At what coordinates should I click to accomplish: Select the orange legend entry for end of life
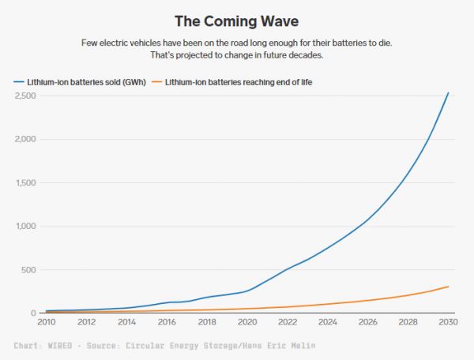[239, 81]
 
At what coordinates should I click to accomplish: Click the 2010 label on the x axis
[46, 322]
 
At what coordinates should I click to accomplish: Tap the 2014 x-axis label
[126, 322]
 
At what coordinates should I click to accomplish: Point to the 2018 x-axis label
[207, 322]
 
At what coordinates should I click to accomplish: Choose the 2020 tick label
[247, 322]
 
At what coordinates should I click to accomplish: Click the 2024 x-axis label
[328, 322]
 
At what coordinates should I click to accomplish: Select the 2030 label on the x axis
[448, 322]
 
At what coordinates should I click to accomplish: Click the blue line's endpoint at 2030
[448, 93]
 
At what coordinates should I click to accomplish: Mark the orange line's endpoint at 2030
[448, 286]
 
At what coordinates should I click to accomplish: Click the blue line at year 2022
[288, 269]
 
